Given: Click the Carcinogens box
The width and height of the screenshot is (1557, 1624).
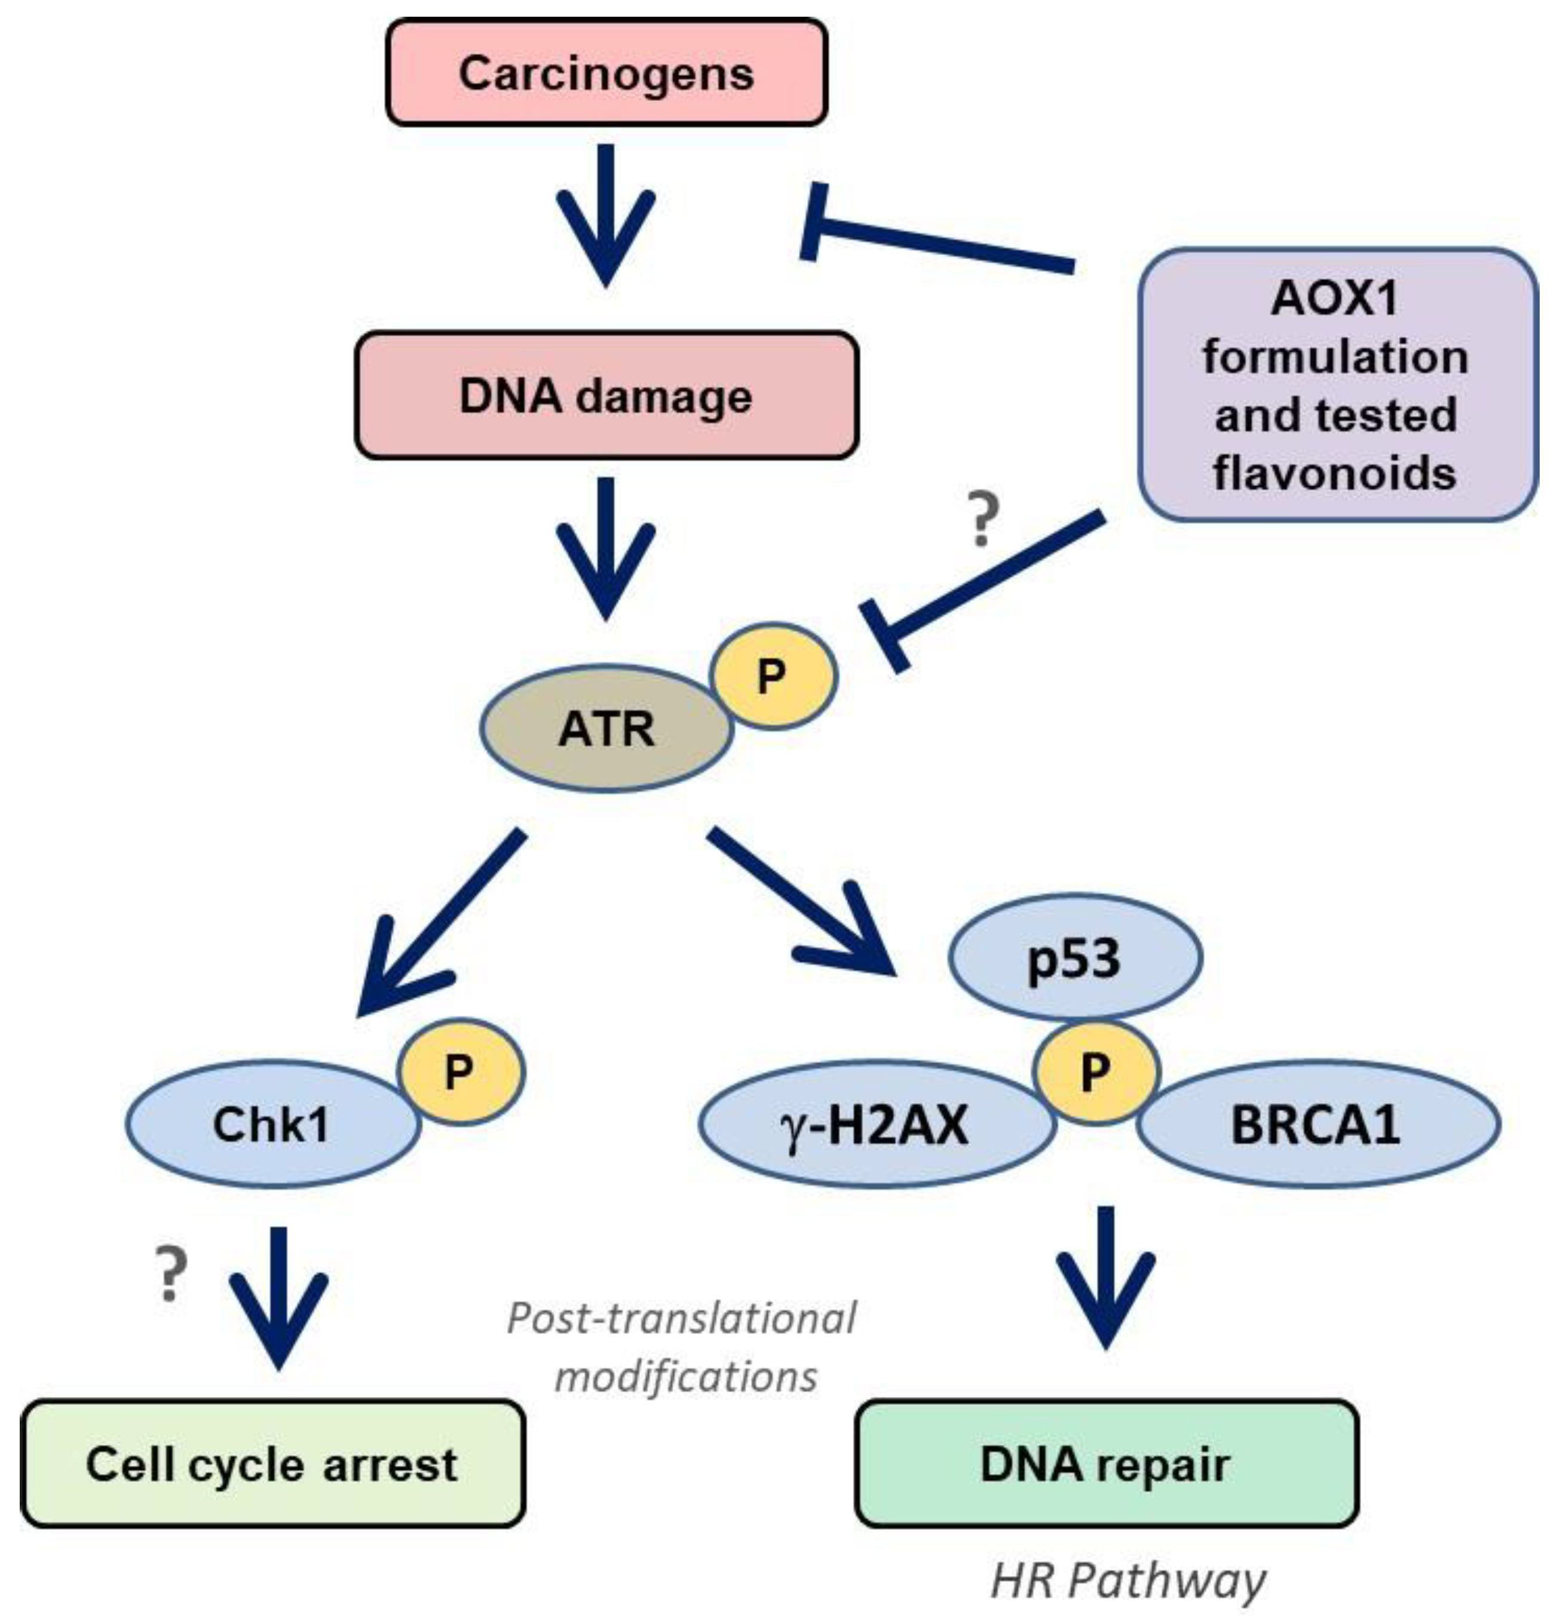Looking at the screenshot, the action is (x=606, y=73).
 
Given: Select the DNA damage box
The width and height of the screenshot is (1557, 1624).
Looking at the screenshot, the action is (x=606, y=395).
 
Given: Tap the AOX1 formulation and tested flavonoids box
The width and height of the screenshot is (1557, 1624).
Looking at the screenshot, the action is (x=1337, y=385).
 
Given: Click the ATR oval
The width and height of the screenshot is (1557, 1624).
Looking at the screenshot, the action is (x=606, y=728).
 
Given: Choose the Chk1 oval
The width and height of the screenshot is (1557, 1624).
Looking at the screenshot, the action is (x=274, y=1123).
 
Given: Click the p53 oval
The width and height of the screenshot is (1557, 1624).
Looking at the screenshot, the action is (x=1075, y=957).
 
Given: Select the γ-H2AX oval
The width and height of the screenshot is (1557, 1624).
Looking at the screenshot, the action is (x=876, y=1124).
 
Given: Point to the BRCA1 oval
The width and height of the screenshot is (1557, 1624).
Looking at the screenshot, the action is (x=1317, y=1124).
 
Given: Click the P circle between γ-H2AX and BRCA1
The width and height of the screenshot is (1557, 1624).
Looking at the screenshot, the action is (x=1095, y=1072).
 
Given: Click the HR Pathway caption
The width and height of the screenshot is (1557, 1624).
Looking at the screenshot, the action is (x=1129, y=1580).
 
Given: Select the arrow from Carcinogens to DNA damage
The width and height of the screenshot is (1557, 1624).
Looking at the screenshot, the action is (x=606, y=216).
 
